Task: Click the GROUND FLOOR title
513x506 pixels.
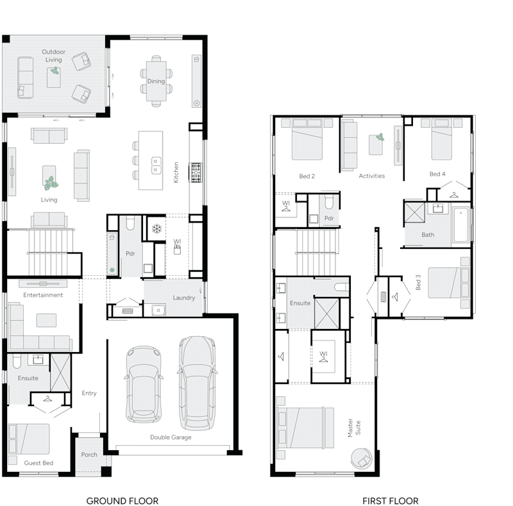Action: (122, 500)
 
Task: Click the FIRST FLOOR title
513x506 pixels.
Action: (390, 500)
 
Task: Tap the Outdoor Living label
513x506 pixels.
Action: (53, 56)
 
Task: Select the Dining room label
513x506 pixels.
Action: (156, 81)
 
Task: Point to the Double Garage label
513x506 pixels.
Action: (171, 437)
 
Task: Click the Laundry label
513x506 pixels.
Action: (184, 298)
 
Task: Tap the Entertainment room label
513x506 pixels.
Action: (43, 295)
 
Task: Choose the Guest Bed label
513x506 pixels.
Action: (38, 463)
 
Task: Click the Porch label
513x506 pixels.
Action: (89, 455)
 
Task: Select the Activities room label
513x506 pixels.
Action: (372, 176)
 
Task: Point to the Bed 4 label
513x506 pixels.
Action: (437, 174)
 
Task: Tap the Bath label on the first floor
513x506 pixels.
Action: (428, 235)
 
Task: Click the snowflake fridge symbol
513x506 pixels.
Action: (156, 228)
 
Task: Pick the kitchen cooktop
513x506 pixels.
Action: (195, 171)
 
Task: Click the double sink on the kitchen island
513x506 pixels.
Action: (156, 165)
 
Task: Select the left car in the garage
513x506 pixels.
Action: (143, 384)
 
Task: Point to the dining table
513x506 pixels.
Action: (156, 81)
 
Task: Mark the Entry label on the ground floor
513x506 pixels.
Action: (89, 393)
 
